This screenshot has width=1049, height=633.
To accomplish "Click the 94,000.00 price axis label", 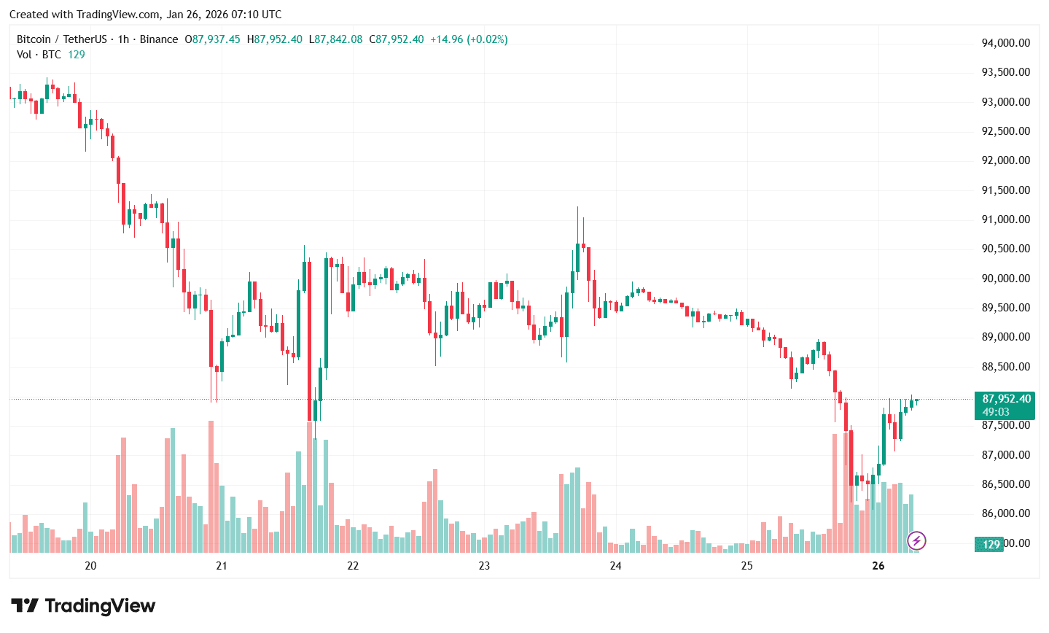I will [x=1006, y=43].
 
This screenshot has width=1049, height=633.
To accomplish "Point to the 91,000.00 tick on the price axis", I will [x=1006, y=220].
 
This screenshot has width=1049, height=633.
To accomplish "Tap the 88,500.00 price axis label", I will [x=1006, y=367].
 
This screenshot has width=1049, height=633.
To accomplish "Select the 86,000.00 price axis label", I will [x=1006, y=513].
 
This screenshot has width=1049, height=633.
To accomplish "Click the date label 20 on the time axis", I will [x=90, y=566].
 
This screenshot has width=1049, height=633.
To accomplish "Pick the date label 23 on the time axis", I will [x=484, y=566].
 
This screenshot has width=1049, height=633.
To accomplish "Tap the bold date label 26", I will [x=878, y=566].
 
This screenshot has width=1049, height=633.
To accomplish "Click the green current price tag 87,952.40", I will [x=1007, y=399].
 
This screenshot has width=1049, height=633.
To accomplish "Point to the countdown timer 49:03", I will [x=996, y=412].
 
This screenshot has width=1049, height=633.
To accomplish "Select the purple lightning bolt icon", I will [x=916, y=540].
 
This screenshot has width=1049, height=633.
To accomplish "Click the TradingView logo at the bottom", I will [x=83, y=606].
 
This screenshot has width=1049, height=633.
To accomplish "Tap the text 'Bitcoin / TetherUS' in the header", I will [x=62, y=39].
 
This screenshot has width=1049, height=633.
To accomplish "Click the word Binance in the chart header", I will [x=159, y=39].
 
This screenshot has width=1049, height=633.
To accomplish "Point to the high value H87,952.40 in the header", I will [x=275, y=39].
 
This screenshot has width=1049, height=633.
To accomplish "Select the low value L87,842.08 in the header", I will [x=335, y=39].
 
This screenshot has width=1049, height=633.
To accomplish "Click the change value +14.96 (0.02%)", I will [x=469, y=39].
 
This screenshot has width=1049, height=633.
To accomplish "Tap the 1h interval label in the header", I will [x=123, y=39].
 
